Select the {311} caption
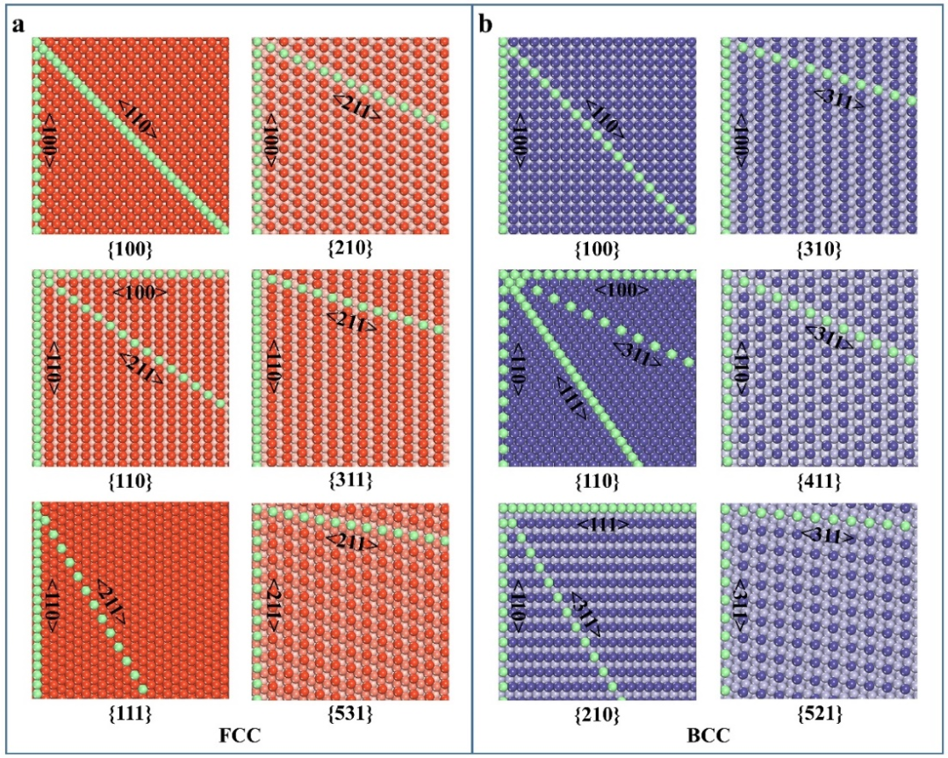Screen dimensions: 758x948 pyautogui.click(x=349, y=481)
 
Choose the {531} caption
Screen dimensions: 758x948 pyautogui.click(x=349, y=714)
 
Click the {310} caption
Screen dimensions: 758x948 pyautogui.click(x=818, y=248)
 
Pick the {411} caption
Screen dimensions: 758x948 pyautogui.click(x=818, y=481)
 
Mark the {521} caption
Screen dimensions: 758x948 pyautogui.click(x=818, y=714)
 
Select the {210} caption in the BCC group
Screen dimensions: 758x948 pyautogui.click(x=598, y=714)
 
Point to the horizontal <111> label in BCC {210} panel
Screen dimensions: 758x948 pyautogui.click(x=602, y=525)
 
